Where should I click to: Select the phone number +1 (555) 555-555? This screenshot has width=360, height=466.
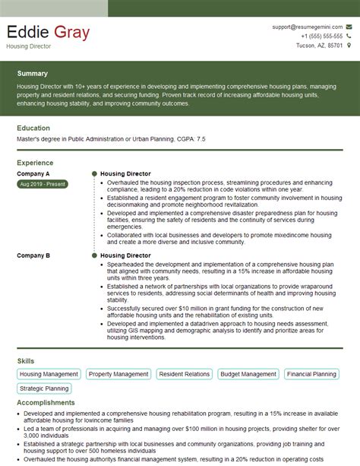pyautogui.click(x=321, y=36)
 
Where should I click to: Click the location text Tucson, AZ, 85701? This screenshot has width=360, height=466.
pyautogui.click(x=319, y=45)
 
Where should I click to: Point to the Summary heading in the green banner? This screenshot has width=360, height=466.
pyautogui.click(x=33, y=74)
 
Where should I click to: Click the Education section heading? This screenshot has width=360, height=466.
pyautogui.click(x=33, y=128)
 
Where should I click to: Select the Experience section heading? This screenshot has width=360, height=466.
pyautogui.click(x=35, y=163)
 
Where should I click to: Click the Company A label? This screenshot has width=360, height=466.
pyautogui.click(x=33, y=174)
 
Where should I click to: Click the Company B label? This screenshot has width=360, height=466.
pyautogui.click(x=33, y=256)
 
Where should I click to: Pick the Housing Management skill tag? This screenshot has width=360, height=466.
pyautogui.click(x=49, y=374)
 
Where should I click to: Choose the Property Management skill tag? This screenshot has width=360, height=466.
pyautogui.click(x=118, y=374)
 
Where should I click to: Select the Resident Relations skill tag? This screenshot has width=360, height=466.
pyautogui.click(x=185, y=374)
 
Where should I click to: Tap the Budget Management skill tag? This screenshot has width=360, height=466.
pyautogui.click(x=248, y=374)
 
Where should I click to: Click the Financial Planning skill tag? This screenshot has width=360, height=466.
pyautogui.click(x=311, y=374)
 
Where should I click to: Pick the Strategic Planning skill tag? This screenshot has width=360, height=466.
pyautogui.click(x=45, y=388)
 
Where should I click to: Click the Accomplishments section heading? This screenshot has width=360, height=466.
pyautogui.click(x=46, y=403)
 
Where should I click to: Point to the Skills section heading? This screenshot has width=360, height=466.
pyautogui.click(x=25, y=360)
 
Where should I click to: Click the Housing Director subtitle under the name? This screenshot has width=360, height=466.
pyautogui.click(x=28, y=46)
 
